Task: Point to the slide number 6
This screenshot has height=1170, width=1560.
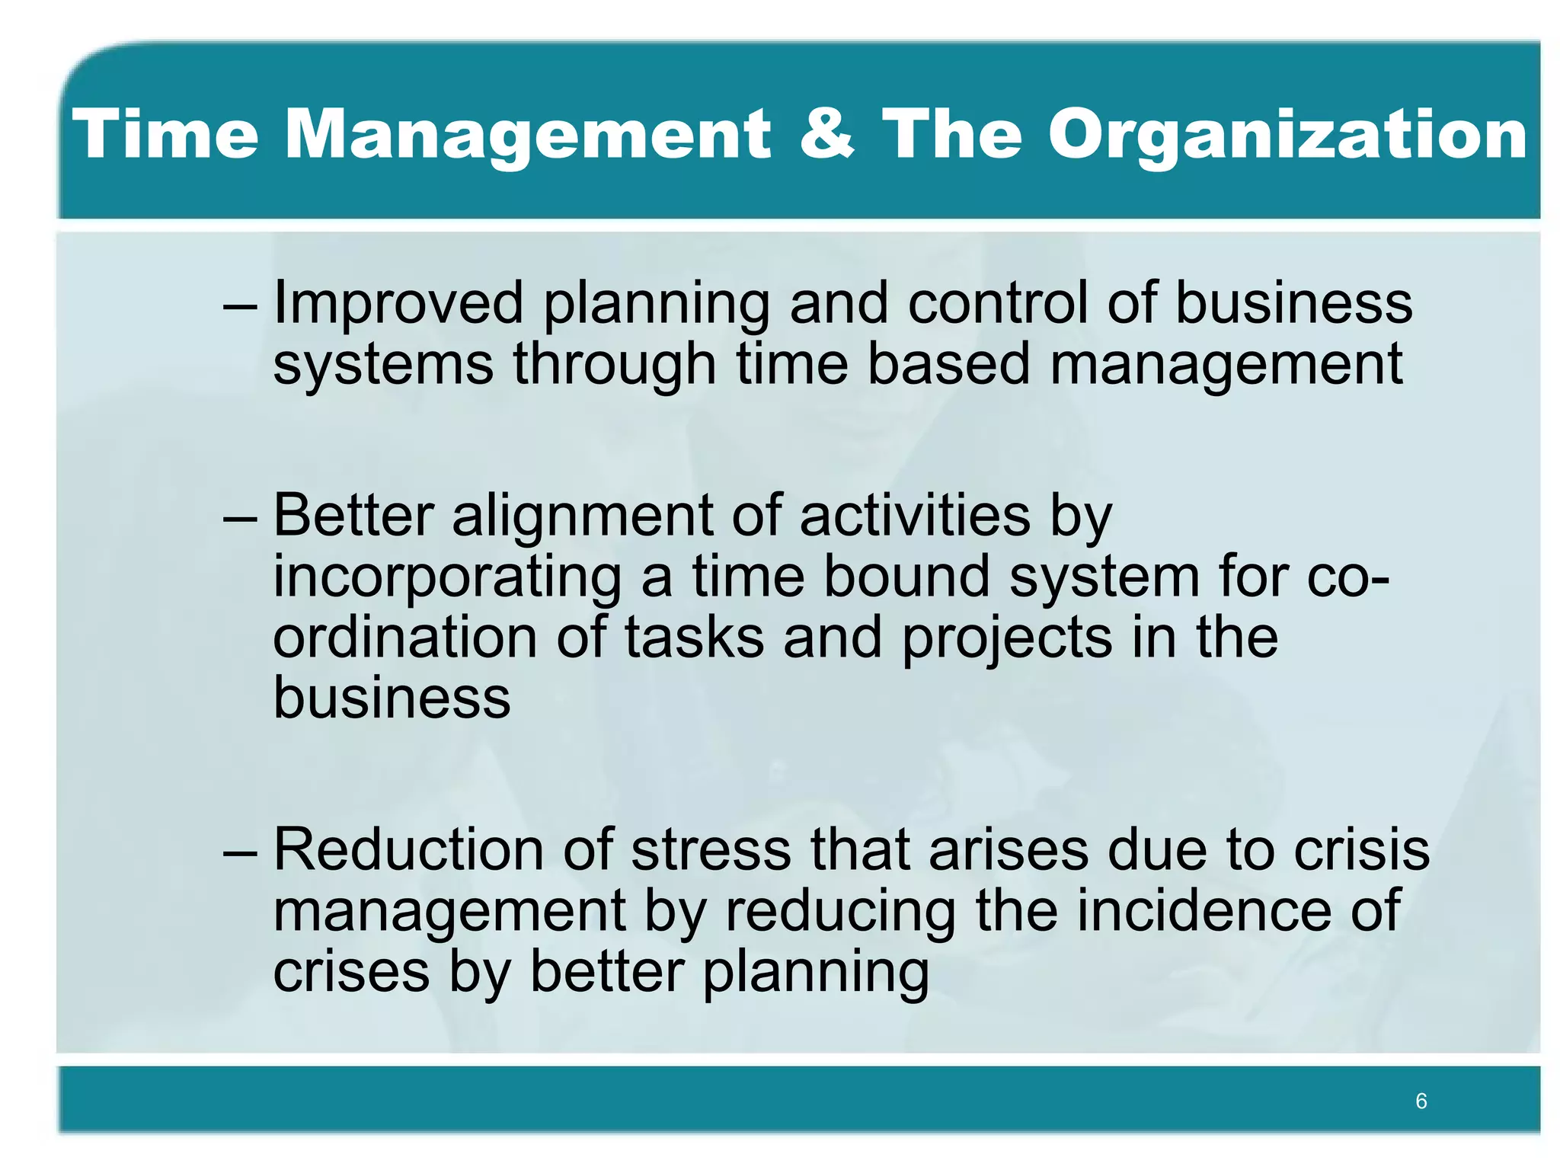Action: (x=1421, y=1101)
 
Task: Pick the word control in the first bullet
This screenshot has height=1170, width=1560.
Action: (x=997, y=302)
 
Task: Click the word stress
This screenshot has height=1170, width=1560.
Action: (x=711, y=851)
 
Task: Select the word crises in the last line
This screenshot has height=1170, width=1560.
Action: (x=350, y=973)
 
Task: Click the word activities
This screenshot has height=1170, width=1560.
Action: (x=914, y=516)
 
